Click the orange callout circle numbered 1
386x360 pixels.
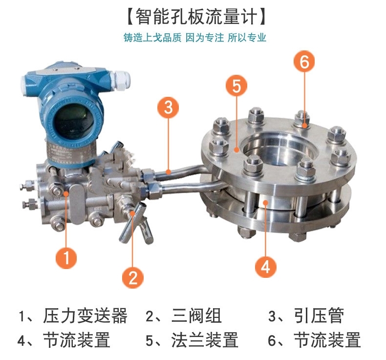(x=66, y=258)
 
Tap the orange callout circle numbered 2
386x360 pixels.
(x=133, y=277)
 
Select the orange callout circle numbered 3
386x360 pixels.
(x=169, y=107)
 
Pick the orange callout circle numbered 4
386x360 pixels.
(x=265, y=267)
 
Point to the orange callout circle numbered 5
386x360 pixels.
(x=236, y=86)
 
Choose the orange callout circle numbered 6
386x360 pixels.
(x=304, y=61)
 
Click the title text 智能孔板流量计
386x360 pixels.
(x=196, y=17)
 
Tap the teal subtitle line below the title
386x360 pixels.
(x=195, y=38)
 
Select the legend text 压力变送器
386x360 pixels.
(x=85, y=315)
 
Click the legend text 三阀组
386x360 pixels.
(x=196, y=315)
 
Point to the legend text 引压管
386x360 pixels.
(x=319, y=315)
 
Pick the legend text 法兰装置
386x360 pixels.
(x=205, y=340)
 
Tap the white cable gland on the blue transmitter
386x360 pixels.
(x=120, y=80)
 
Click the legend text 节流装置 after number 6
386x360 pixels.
(x=327, y=340)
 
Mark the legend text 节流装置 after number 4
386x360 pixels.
(x=77, y=340)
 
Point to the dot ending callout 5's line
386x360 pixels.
(x=236, y=149)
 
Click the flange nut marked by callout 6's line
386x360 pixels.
(x=302, y=119)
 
